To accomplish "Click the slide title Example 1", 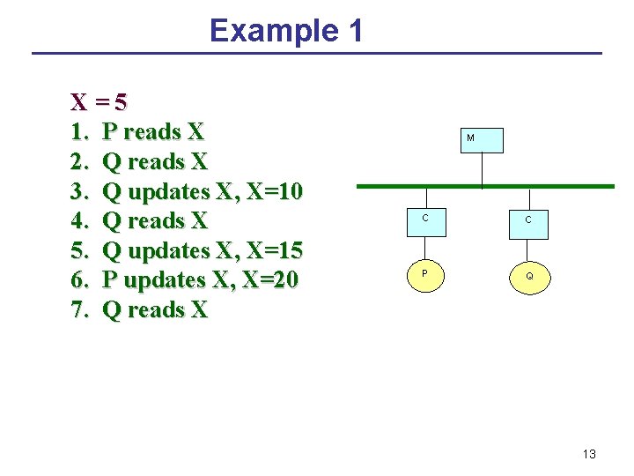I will click(286, 31).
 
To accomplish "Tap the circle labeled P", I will click(425, 275).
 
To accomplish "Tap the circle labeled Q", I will click(529, 277).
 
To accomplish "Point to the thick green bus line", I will click(484, 186).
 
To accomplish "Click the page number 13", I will click(589, 454).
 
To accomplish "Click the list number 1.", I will click(79, 133).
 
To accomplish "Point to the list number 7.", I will click(79, 310).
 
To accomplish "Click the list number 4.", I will click(79, 221).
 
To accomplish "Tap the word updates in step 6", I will click(162, 280).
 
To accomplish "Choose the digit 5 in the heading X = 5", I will click(120, 102).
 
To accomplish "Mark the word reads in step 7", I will click(153, 310).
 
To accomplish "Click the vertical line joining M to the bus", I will click(483, 168).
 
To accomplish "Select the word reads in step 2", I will click(153, 162).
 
